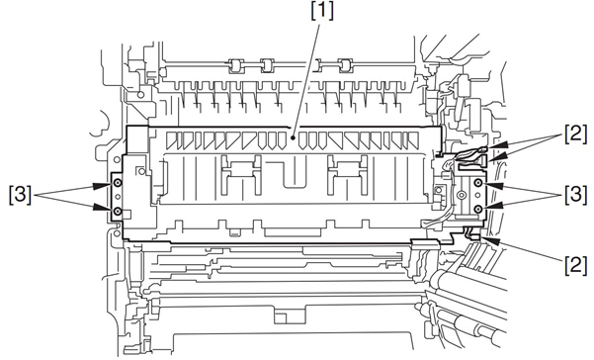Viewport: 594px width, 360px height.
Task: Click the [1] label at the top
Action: (x=322, y=12)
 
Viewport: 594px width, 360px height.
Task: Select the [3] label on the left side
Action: (x=20, y=195)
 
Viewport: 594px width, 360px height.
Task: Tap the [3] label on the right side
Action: (x=576, y=195)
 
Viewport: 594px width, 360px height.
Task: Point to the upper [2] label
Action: (x=576, y=135)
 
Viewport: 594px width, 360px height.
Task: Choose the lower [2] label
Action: (x=576, y=264)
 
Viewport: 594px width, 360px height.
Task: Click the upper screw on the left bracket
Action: (x=119, y=183)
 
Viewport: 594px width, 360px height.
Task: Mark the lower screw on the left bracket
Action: (x=119, y=211)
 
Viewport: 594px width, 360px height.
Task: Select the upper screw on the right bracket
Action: (x=478, y=184)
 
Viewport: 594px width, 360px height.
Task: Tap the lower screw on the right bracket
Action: (x=478, y=209)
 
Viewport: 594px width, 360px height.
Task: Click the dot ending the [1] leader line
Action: (x=293, y=138)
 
